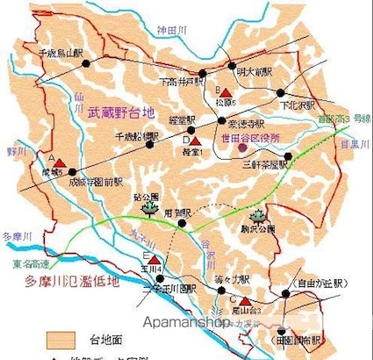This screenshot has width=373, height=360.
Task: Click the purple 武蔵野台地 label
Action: click(x=120, y=113)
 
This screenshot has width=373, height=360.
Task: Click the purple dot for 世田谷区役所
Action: click(x=242, y=138)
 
